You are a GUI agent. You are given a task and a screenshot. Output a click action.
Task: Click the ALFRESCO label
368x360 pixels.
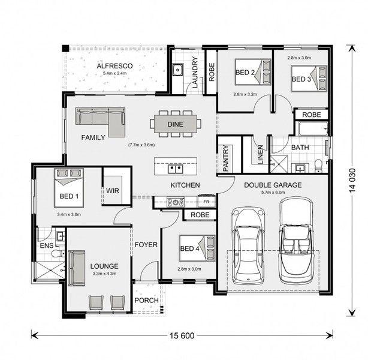(x=114, y=66)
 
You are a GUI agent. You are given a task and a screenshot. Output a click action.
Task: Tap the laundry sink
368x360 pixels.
(x=177, y=70)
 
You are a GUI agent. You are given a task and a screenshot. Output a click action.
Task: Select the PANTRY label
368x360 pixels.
(x=225, y=158)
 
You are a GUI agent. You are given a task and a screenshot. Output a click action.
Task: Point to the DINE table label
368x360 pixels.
(x=176, y=124)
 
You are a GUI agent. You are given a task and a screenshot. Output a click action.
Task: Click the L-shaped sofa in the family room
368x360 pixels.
(x=100, y=122)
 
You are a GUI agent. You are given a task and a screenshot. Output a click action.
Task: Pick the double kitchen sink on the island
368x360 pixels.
(x=176, y=169)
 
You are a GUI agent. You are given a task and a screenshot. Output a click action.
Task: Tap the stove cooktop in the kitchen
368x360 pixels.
(x=176, y=202)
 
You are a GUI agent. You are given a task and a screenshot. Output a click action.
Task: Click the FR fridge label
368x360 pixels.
(x=206, y=202)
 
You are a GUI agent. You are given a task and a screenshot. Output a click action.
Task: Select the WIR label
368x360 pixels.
(x=113, y=191)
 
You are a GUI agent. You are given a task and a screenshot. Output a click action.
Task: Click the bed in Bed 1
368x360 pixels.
(x=69, y=188)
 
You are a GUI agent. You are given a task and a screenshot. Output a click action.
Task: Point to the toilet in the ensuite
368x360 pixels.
(x=58, y=254)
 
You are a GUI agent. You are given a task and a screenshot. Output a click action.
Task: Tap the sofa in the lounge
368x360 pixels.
(x=77, y=268)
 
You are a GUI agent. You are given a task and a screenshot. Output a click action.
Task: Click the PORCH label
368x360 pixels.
(x=147, y=301)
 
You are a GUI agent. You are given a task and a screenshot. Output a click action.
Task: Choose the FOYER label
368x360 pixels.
(x=146, y=245)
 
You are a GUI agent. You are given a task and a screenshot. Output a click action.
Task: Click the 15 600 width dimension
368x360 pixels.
(x=182, y=336)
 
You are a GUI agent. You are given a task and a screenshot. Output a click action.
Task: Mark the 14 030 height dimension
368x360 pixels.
(x=352, y=181)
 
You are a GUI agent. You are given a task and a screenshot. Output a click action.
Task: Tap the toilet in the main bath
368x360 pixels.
(x=318, y=166)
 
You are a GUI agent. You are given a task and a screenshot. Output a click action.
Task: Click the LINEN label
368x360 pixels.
(x=261, y=154)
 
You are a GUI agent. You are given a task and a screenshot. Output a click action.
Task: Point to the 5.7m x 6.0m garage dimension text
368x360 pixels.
(x=273, y=192)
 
